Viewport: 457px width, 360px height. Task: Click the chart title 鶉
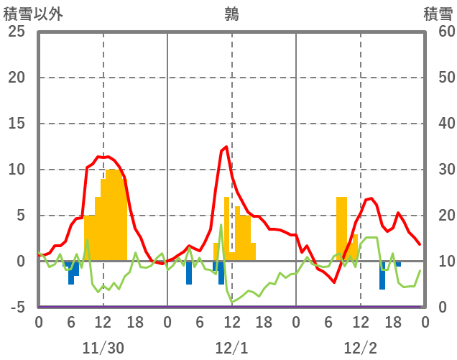(x=231, y=14)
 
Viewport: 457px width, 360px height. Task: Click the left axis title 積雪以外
(x=32, y=14)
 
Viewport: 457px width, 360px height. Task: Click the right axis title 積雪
(x=438, y=14)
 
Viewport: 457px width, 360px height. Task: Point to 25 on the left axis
(x=17, y=32)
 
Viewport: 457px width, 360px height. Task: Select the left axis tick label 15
(x=17, y=124)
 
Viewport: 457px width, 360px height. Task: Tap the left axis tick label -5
(x=17, y=308)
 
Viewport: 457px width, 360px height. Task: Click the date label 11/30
(x=103, y=348)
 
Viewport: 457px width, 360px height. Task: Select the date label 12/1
(x=231, y=348)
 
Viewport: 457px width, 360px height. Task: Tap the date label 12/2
(x=360, y=348)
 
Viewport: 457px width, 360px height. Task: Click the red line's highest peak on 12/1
(x=226, y=147)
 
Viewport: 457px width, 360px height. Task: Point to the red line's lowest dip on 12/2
(x=334, y=282)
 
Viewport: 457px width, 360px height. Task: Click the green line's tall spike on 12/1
(x=221, y=226)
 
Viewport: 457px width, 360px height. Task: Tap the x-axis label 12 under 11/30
(x=103, y=323)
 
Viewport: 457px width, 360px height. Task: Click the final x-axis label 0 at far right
(x=425, y=323)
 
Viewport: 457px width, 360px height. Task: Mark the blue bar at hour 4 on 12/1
(x=189, y=273)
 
